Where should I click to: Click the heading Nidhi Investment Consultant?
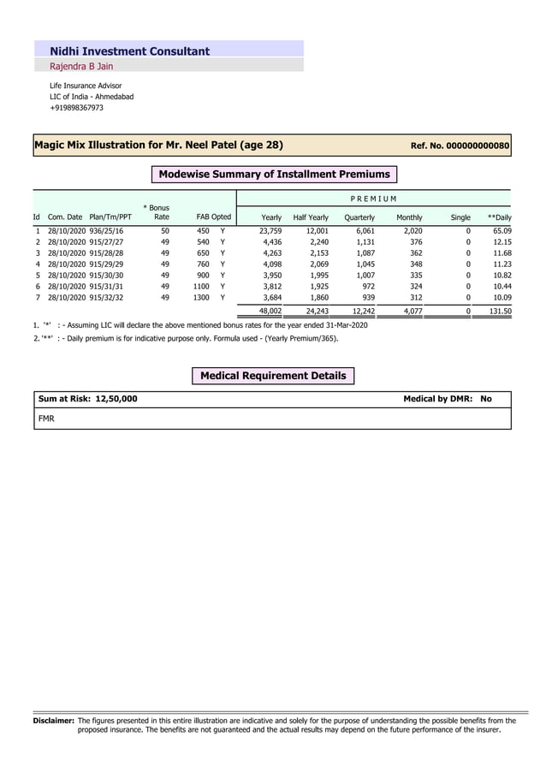129,51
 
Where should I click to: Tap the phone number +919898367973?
76,108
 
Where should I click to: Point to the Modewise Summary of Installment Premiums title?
274,174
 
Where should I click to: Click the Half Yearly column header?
310,217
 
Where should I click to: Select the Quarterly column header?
359,217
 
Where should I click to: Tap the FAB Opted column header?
213,217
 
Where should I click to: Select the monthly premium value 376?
414,242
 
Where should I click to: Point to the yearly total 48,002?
270,312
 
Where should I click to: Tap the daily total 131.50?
500,312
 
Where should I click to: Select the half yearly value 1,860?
316,298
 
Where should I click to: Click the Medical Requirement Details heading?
273,376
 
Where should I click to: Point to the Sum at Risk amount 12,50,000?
116,399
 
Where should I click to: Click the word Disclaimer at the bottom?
53,721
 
